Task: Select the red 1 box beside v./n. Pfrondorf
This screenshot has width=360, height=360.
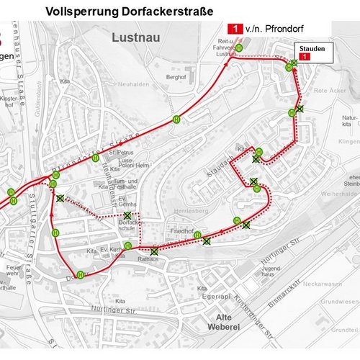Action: pyautogui.click(x=233, y=29)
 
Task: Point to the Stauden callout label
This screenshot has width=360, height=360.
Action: pyautogui.click(x=308, y=48)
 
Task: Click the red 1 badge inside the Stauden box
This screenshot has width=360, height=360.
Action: pyautogui.click(x=305, y=55)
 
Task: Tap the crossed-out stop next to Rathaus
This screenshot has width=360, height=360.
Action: pyautogui.click(x=154, y=251)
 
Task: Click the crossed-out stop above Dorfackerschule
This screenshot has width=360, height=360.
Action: pyautogui.click(x=127, y=216)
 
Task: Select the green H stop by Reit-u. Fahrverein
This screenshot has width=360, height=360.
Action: pyautogui.click(x=238, y=48)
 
